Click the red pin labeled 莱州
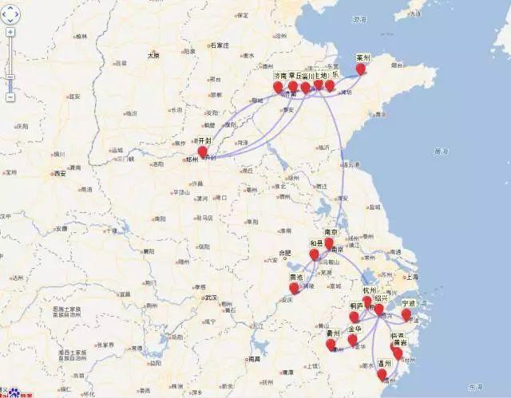[x=361, y=69]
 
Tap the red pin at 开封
[x=202, y=152]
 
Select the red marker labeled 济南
[x=278, y=87]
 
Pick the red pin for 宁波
[x=406, y=314]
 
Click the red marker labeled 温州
[x=382, y=374]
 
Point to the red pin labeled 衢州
[x=331, y=345]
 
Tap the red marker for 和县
[x=314, y=254]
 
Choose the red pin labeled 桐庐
[x=355, y=317]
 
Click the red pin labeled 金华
[x=352, y=340]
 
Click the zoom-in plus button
[x=10, y=33]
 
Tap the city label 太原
[x=153, y=56]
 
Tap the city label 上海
[x=412, y=278]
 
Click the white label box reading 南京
[x=329, y=232]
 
